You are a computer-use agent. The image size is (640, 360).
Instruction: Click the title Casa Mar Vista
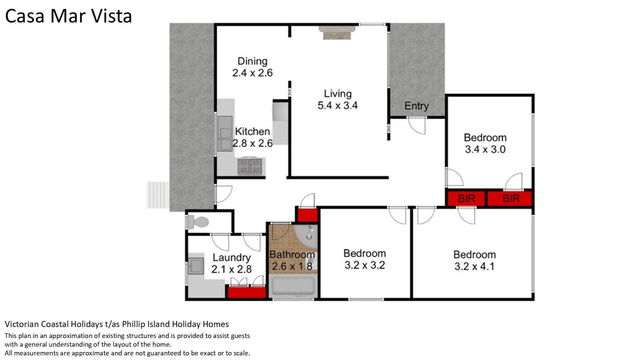coord(69,16)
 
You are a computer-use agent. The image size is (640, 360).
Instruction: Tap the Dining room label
coord(252,61)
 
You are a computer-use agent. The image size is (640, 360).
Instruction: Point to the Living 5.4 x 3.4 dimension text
coord(338,105)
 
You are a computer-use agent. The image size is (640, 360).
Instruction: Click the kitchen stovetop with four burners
coord(250,166)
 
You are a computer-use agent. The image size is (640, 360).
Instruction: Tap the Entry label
coord(416,106)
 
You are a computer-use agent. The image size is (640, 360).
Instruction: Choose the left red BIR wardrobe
coord(466,199)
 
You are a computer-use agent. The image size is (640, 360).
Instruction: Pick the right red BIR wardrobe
coord(509,199)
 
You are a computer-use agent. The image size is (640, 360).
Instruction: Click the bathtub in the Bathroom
coord(293,286)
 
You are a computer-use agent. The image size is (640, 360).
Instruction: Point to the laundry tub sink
coord(196,266)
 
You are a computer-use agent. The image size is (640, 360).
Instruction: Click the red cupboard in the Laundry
coord(247,292)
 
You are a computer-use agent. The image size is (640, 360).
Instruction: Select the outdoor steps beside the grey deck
coord(158,195)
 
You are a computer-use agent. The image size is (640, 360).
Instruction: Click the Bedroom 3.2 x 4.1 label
coord(474,260)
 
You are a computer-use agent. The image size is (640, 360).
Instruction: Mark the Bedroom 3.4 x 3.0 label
coord(485,143)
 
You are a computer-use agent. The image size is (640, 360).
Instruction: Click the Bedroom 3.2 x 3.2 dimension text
coord(365,265)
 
